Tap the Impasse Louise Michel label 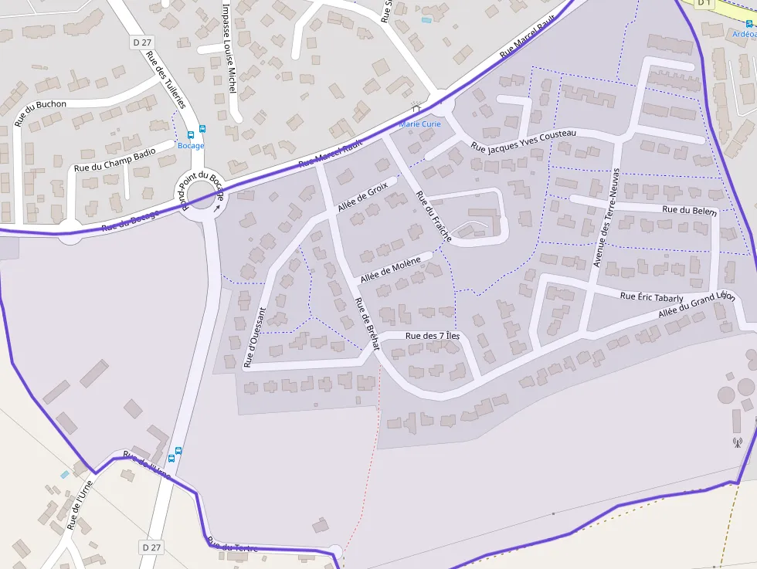point(229,49)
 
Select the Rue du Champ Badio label point(114,157)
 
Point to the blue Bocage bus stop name point(191,145)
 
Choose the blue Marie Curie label point(419,124)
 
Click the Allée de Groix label point(362,198)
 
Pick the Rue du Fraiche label point(433,216)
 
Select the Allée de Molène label point(390,269)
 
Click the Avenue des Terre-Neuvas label point(607,217)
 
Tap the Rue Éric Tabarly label point(652,297)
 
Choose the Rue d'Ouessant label point(255,337)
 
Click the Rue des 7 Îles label point(433,336)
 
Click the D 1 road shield point(703,3)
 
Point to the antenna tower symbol point(737,443)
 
